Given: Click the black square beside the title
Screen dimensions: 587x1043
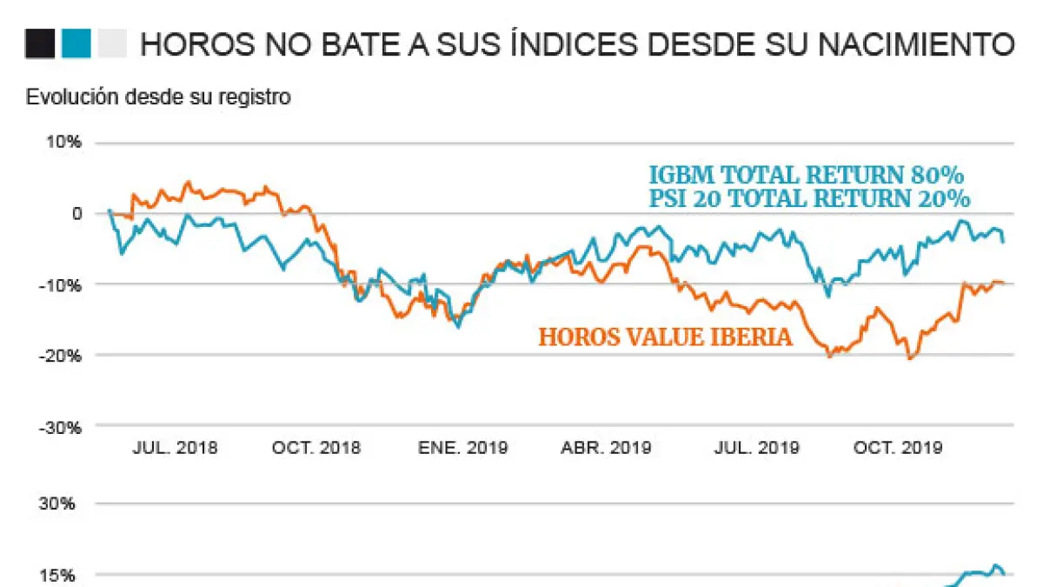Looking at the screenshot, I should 41,43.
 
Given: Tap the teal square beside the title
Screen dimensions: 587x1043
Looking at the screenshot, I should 76,43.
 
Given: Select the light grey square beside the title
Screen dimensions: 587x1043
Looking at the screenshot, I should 112,43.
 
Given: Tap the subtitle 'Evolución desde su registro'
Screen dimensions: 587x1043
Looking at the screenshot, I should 158,97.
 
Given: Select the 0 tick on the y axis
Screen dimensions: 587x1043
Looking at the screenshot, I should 76,214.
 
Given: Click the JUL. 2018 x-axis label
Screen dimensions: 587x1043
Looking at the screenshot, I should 175,449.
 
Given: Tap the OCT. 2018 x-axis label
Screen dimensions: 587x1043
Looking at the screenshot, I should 316,449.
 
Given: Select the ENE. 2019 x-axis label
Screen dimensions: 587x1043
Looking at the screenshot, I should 463,449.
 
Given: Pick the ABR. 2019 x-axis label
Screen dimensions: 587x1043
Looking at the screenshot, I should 606,449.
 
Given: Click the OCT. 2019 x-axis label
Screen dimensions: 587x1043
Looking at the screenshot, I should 898,449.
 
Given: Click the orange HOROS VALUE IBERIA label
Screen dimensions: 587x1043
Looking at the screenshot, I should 665,337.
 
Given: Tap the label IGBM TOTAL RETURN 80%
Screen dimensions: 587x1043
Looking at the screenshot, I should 807,172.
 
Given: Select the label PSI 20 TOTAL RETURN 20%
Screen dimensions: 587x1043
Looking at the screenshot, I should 808,198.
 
